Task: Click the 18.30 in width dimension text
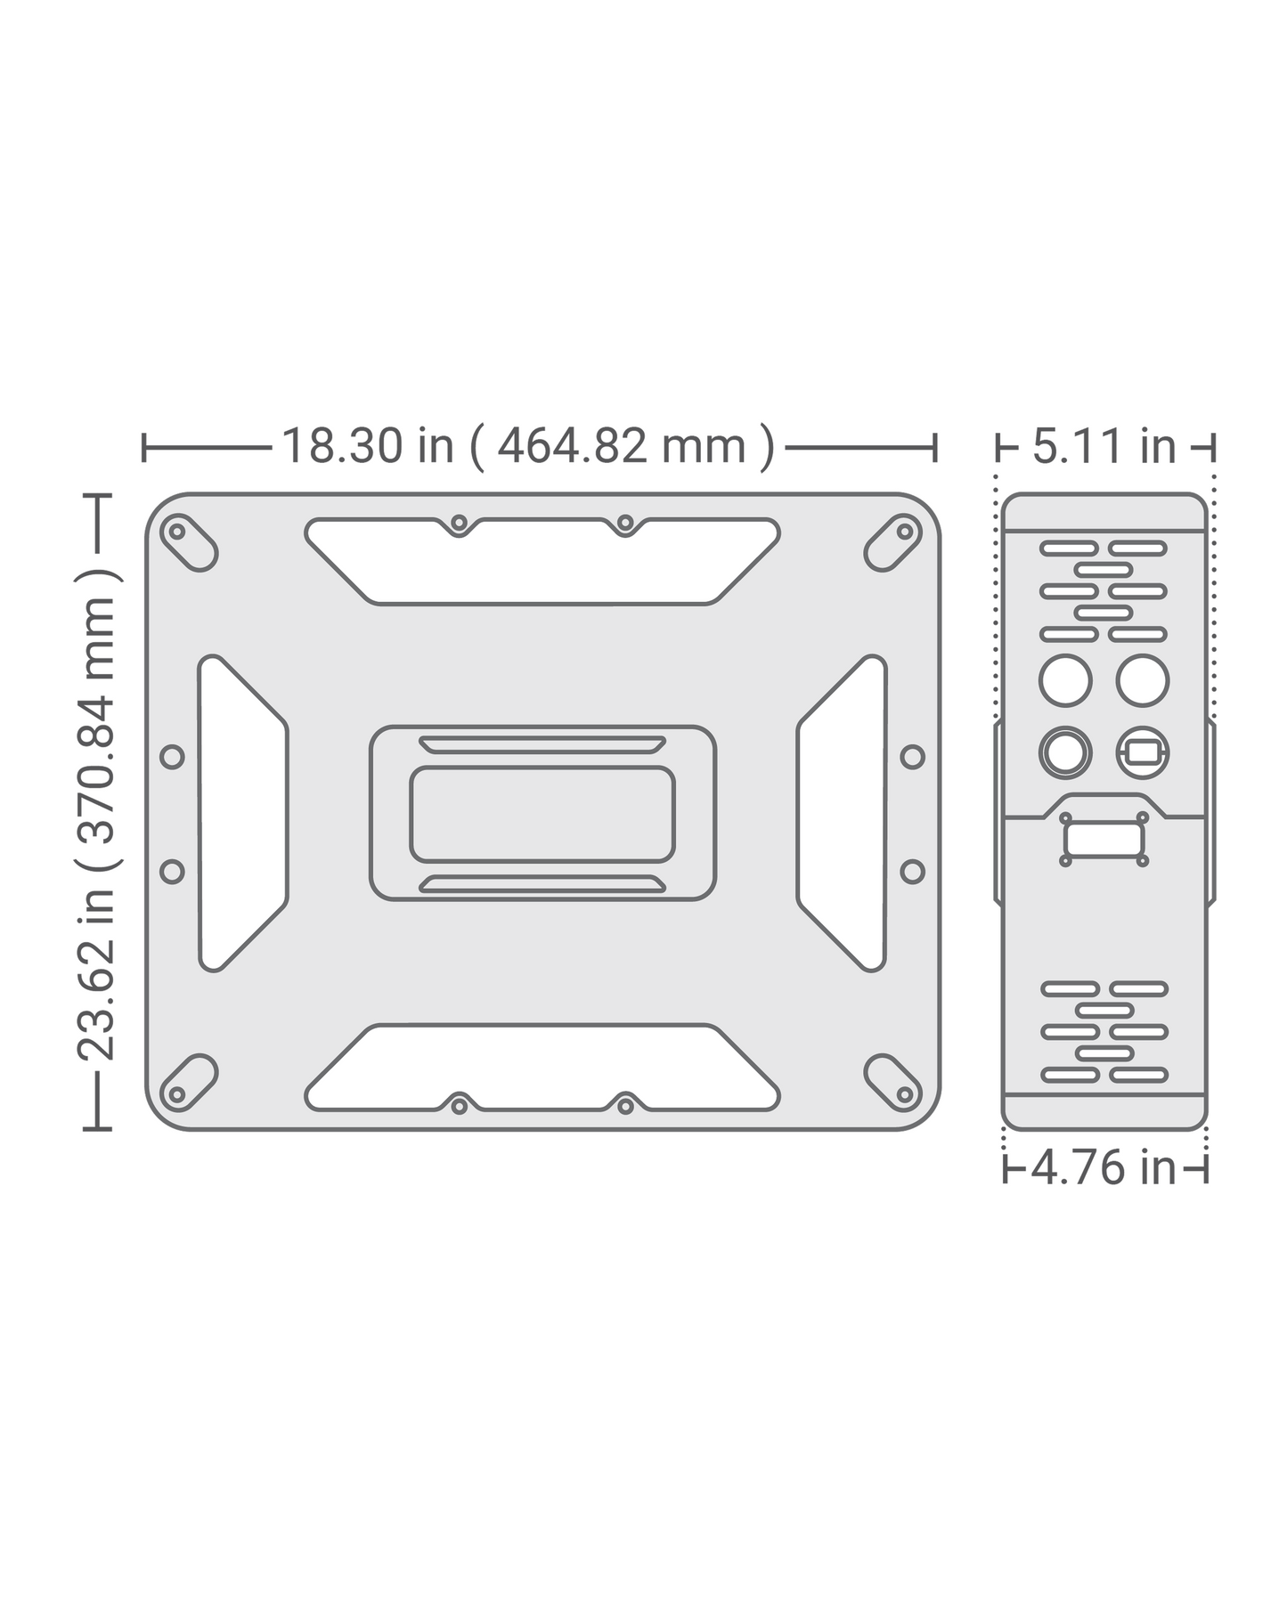pos(527,446)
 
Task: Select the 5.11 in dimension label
pos(1104,446)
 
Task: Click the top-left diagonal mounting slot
pos(187,542)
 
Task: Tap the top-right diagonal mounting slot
pos(894,542)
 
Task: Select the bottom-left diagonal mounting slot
pos(187,1083)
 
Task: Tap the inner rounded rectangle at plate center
pos(542,814)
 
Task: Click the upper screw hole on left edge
pos(173,757)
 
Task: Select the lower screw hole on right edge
pos(912,870)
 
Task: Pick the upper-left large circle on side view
pos(1065,680)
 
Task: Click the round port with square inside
pos(1143,753)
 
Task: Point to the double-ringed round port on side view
pos(1065,753)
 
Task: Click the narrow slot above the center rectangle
pos(542,744)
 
